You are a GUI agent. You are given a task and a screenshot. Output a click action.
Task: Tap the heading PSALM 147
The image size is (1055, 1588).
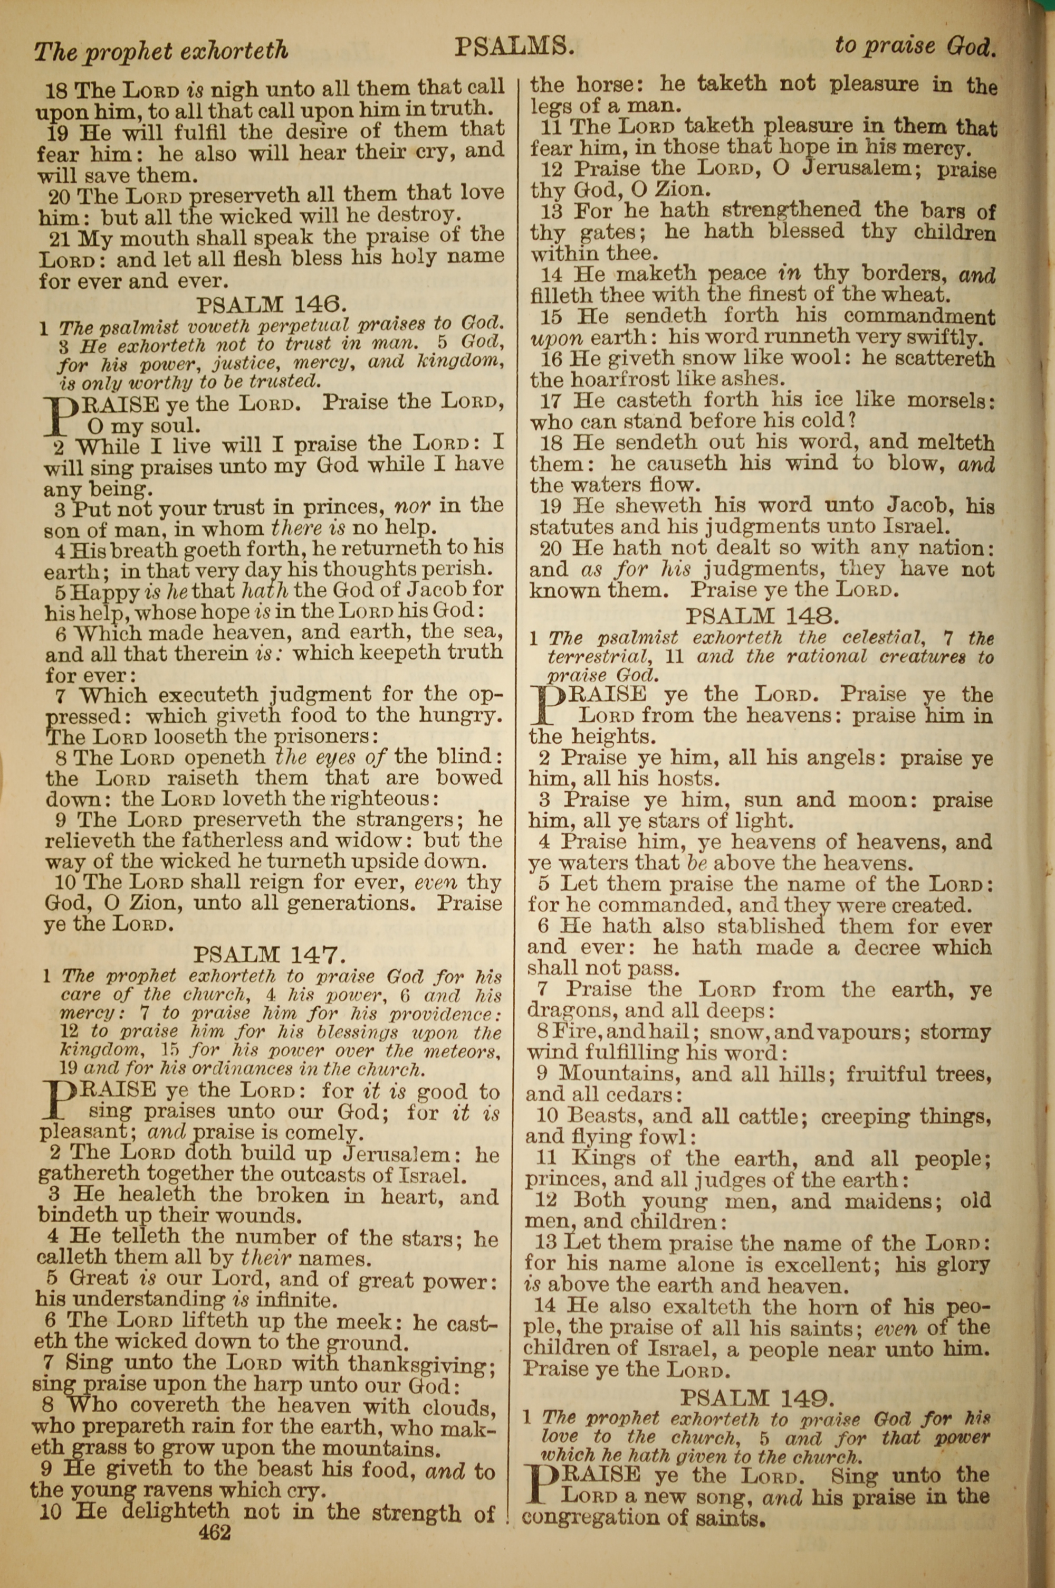point(270,954)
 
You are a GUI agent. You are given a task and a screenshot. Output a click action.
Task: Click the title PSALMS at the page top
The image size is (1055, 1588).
point(514,47)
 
